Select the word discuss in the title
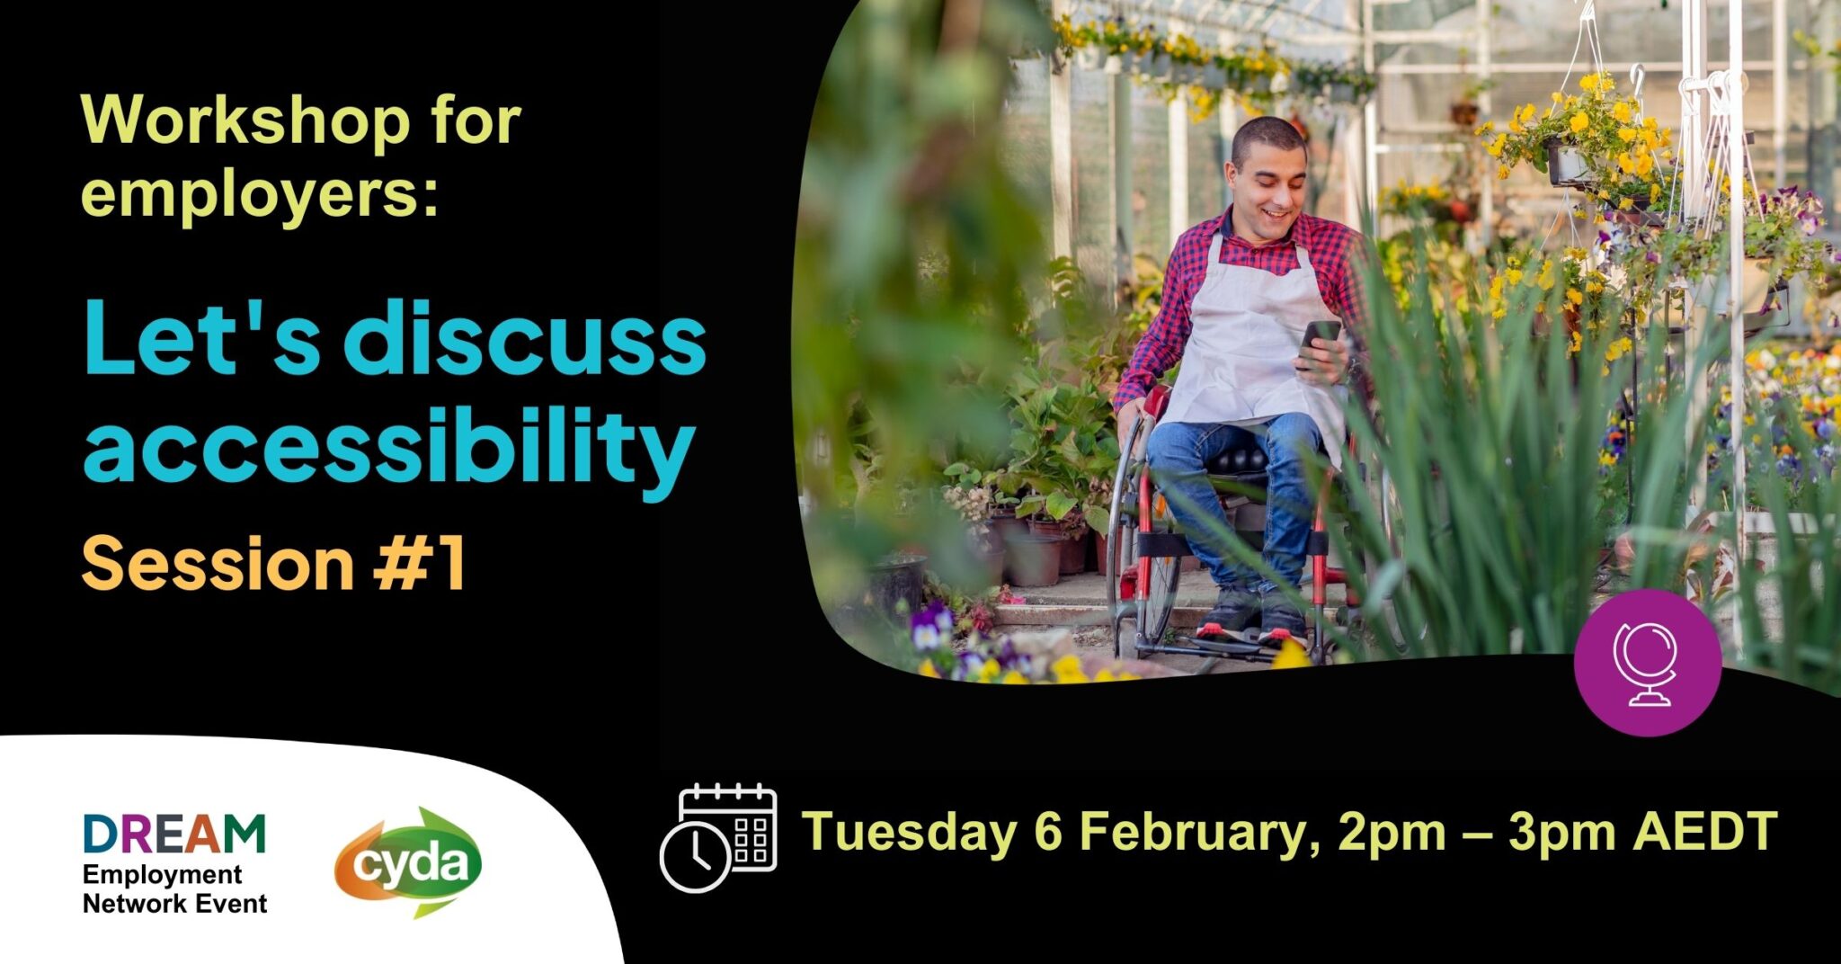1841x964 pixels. [x=525, y=339]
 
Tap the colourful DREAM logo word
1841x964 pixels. [x=174, y=834]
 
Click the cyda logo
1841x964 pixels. [x=409, y=862]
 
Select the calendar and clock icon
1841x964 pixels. [x=718, y=837]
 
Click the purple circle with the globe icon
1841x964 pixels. [x=1648, y=663]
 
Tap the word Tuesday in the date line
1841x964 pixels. [x=909, y=832]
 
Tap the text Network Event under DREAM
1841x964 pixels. [x=174, y=904]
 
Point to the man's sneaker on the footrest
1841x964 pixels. [x=1230, y=616]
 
